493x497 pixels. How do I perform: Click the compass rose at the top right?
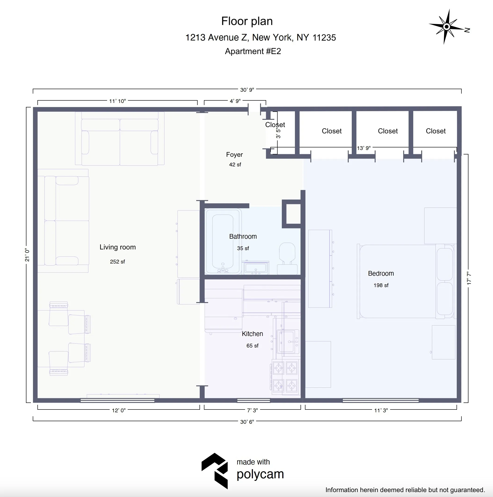click(x=447, y=26)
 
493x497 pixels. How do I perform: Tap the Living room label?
click(x=118, y=247)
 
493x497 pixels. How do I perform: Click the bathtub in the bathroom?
click(x=223, y=241)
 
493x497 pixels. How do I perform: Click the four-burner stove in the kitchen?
click(x=285, y=377)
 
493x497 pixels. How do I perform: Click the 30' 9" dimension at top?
click(x=247, y=90)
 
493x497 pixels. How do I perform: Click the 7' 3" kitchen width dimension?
click(x=252, y=410)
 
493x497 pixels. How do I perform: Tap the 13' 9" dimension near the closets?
click(x=363, y=148)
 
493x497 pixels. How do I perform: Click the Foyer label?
click(x=234, y=155)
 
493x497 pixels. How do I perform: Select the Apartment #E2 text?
click(x=253, y=51)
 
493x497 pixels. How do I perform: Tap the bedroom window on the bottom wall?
click(x=380, y=400)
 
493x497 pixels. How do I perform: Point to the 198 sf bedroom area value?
click(x=381, y=285)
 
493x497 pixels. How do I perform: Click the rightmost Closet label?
click(x=435, y=131)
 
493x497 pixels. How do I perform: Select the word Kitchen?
click(x=252, y=334)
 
